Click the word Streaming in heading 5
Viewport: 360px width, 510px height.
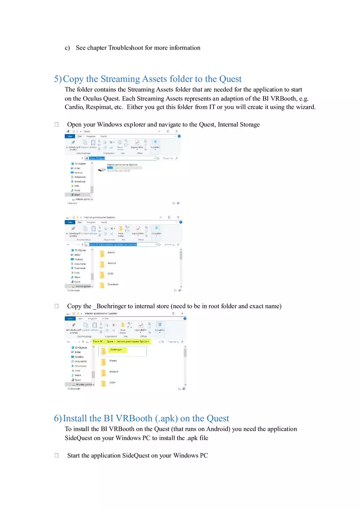coord(121,79)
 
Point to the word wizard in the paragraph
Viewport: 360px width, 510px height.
coord(306,107)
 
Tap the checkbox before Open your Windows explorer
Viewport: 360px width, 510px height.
coord(56,125)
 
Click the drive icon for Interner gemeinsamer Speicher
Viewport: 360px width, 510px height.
coord(102,169)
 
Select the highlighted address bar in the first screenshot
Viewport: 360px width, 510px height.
coord(97,158)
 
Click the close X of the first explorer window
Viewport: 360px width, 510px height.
coord(176,131)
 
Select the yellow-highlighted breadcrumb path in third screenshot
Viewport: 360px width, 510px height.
coord(122,341)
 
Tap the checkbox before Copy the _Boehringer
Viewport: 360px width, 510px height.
coord(56,306)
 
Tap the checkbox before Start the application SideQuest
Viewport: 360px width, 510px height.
coord(56,456)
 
